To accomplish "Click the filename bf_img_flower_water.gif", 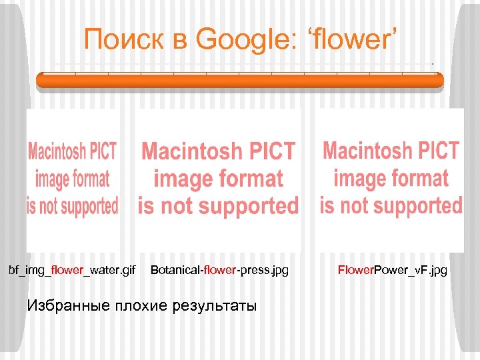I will coord(72,270).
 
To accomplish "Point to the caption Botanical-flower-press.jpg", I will coord(219,270).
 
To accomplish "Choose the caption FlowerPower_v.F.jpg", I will coord(393,270).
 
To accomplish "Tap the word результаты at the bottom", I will coord(214,306).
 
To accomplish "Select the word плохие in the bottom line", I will coord(143,306).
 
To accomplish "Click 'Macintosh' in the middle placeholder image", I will coord(191,152).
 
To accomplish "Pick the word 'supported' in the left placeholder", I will coord(89,206).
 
